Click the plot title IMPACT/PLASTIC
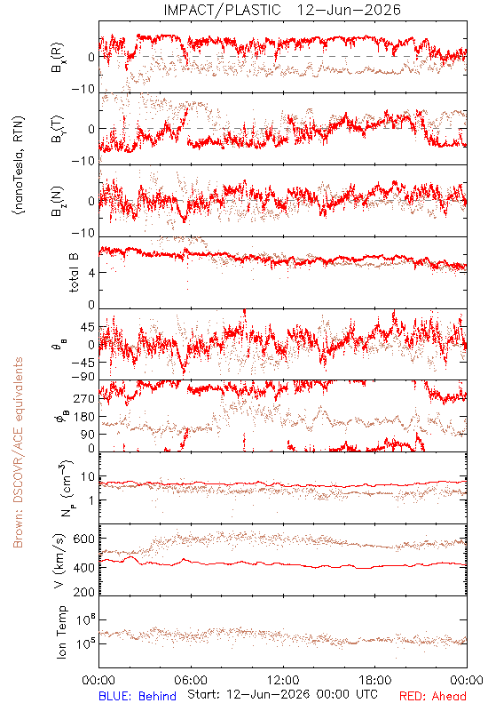pyautogui.click(x=222, y=10)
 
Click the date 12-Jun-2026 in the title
pyautogui.click(x=349, y=10)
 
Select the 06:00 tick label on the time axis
pyautogui.click(x=191, y=680)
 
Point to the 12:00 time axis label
pyautogui.click(x=283, y=680)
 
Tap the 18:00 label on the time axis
pyautogui.click(x=375, y=680)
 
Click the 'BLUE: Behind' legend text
pyautogui.click(x=138, y=696)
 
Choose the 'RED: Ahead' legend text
pyautogui.click(x=432, y=696)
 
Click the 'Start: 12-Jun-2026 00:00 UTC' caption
pyautogui.click(x=282, y=694)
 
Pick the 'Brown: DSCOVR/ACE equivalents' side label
pyautogui.click(x=18, y=452)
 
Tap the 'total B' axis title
pyautogui.click(x=74, y=273)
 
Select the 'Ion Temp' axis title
pyautogui.click(x=62, y=632)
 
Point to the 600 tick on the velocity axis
pyautogui.click(x=83, y=539)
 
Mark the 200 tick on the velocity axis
pyautogui.click(x=83, y=592)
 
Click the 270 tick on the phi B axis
pyautogui.click(x=83, y=399)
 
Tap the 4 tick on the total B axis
pyautogui.click(x=91, y=273)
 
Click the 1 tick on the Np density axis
pyautogui.click(x=91, y=500)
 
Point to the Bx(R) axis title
pyautogui.click(x=58, y=58)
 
